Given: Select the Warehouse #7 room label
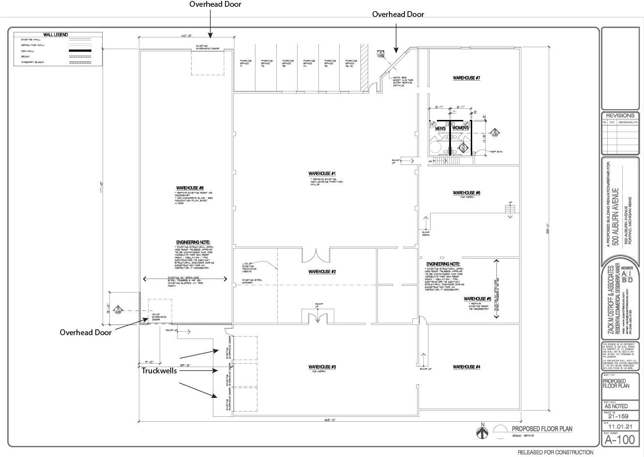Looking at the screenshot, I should pyautogui.click(x=466, y=78).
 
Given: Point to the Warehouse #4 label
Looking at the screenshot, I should pyautogui.click(x=466, y=367).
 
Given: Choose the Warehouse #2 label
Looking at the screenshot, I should pyautogui.click(x=322, y=272).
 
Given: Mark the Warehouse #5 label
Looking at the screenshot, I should pyautogui.click(x=477, y=299).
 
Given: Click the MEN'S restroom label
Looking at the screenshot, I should pyautogui.click(x=440, y=128).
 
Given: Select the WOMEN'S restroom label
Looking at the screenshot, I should pyautogui.click(x=461, y=128).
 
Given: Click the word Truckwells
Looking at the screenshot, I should pyautogui.click(x=159, y=371).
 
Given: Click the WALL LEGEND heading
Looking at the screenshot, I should pyautogui.click(x=55, y=35).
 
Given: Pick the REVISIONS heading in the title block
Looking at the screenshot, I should pyautogui.click(x=620, y=116).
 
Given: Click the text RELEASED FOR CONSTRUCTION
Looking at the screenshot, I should pyautogui.click(x=555, y=453).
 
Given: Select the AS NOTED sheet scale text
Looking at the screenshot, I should pyautogui.click(x=616, y=406).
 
